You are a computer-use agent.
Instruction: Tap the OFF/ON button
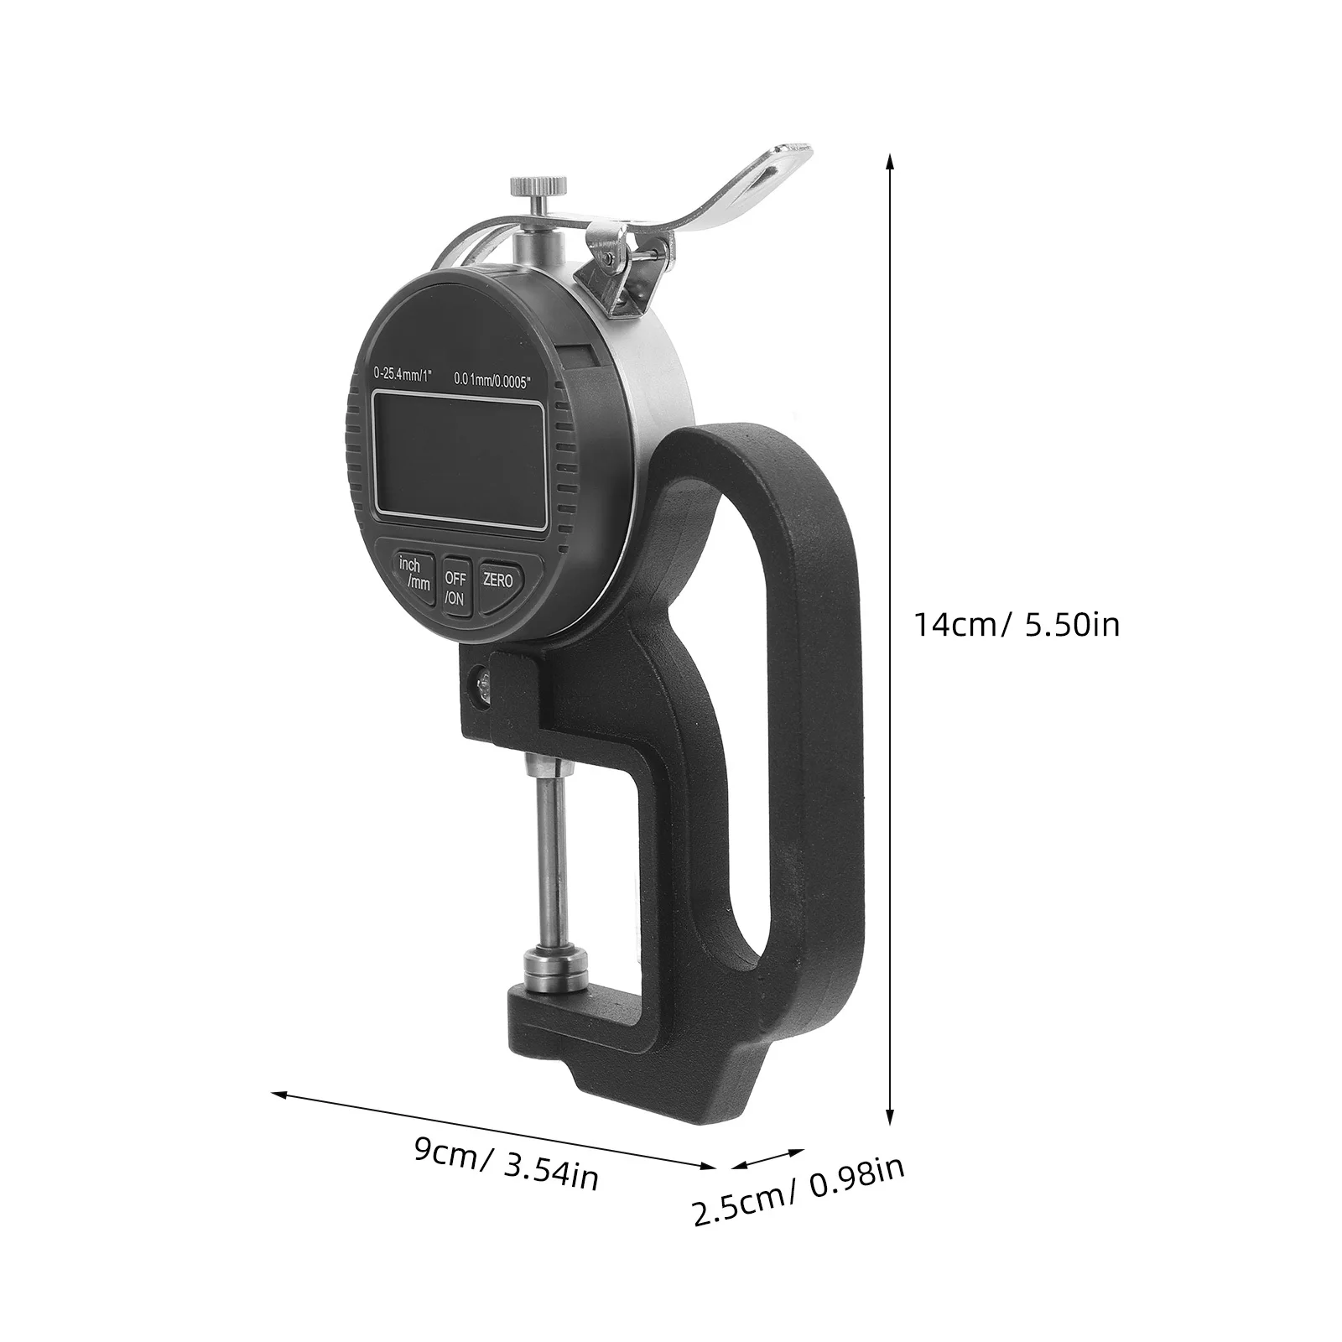pos(455,587)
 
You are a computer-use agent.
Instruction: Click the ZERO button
pos(498,580)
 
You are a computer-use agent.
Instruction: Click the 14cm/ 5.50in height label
pos(1017,625)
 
